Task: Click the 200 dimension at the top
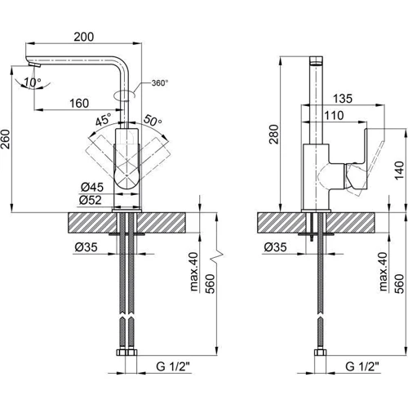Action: (x=84, y=37)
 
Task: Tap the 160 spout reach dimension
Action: (x=79, y=104)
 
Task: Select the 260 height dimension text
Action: (x=6, y=140)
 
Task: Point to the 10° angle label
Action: (x=33, y=82)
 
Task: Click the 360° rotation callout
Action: (x=160, y=83)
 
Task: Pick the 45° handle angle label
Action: (x=104, y=119)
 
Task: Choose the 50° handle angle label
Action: (x=153, y=120)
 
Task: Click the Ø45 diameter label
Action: (x=92, y=187)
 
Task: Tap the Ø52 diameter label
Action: (x=91, y=200)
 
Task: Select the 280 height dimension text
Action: (x=274, y=134)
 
